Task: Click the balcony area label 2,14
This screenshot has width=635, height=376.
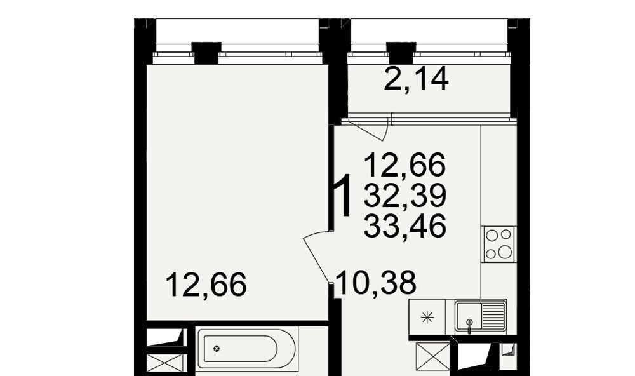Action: (416, 79)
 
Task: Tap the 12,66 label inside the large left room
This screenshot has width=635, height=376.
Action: (206, 285)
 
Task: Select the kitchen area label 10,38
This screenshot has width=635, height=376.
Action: (376, 283)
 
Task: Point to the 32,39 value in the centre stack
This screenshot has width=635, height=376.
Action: (405, 195)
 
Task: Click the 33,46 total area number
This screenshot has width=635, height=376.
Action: (405, 225)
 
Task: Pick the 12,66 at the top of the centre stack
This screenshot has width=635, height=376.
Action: (405, 165)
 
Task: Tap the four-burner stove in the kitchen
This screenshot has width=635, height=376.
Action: (499, 245)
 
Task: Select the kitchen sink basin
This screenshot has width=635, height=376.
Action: (469, 316)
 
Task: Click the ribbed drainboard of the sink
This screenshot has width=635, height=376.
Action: (493, 316)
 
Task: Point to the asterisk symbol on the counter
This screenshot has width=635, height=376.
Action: (427, 318)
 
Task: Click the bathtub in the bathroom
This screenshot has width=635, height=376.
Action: (247, 349)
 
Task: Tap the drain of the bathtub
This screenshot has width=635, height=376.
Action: (217, 349)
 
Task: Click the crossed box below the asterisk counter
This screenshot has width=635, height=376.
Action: (433, 356)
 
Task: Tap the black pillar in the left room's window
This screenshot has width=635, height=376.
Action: (206, 53)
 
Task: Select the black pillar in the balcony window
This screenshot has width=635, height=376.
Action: (401, 53)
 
